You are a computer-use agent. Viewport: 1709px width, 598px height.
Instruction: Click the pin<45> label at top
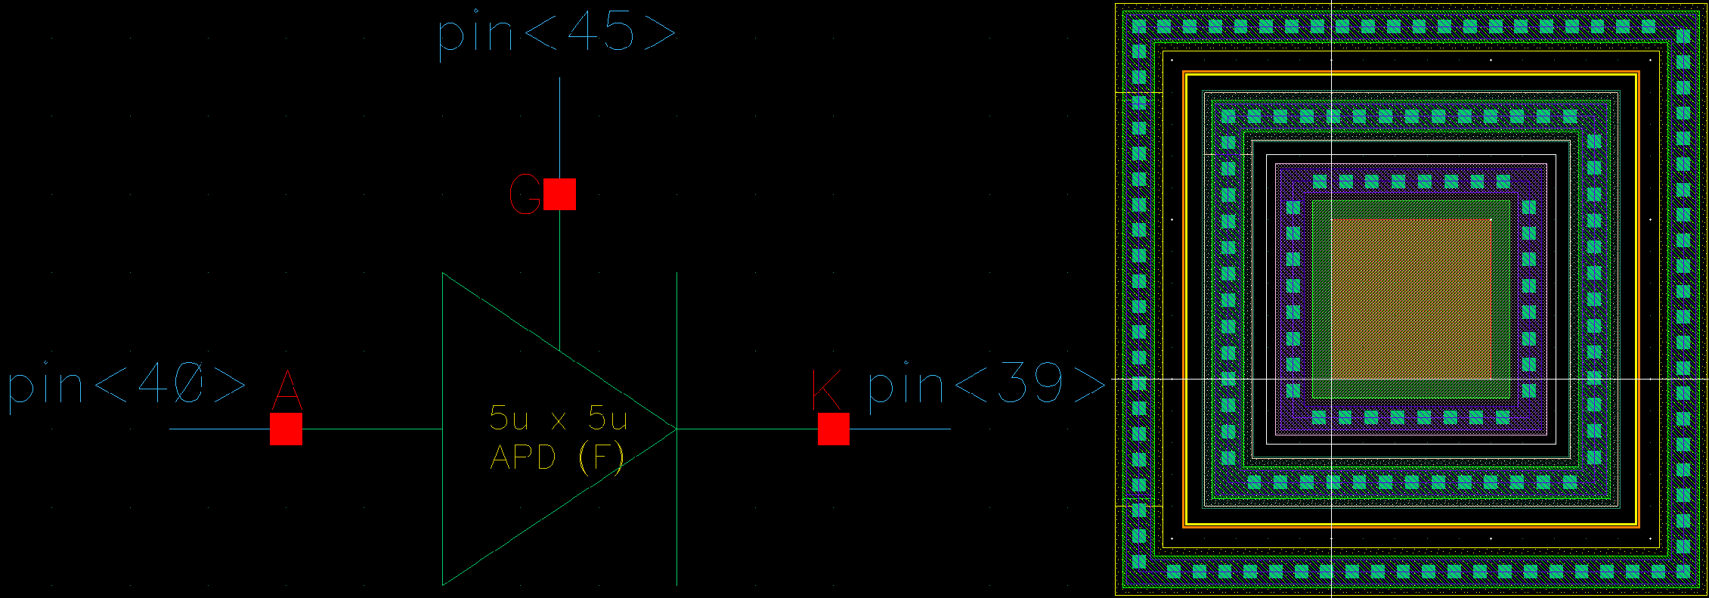[x=556, y=34]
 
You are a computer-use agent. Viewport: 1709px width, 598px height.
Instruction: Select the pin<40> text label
[x=127, y=386]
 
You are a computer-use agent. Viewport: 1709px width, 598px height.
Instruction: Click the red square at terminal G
[x=559, y=194]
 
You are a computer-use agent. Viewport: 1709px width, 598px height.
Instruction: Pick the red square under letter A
[x=286, y=429]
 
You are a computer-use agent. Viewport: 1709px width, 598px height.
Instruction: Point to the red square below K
[x=833, y=429]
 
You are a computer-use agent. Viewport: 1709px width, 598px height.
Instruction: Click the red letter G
[x=525, y=194]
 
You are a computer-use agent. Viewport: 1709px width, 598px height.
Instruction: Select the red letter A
[x=286, y=390]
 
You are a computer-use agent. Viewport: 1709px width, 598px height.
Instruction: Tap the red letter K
[x=825, y=390]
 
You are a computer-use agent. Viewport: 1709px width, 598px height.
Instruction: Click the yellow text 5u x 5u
[x=559, y=418]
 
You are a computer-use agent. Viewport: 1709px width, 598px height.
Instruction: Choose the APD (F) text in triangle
[x=557, y=457]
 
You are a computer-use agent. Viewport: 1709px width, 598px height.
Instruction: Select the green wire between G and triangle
[x=559, y=280]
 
